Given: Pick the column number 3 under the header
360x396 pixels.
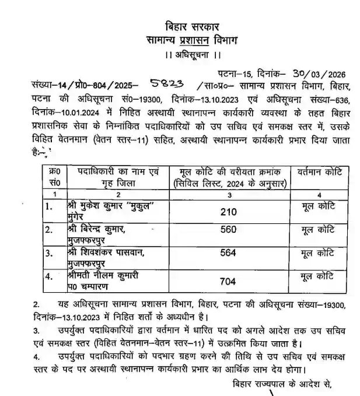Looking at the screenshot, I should (x=233, y=194).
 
